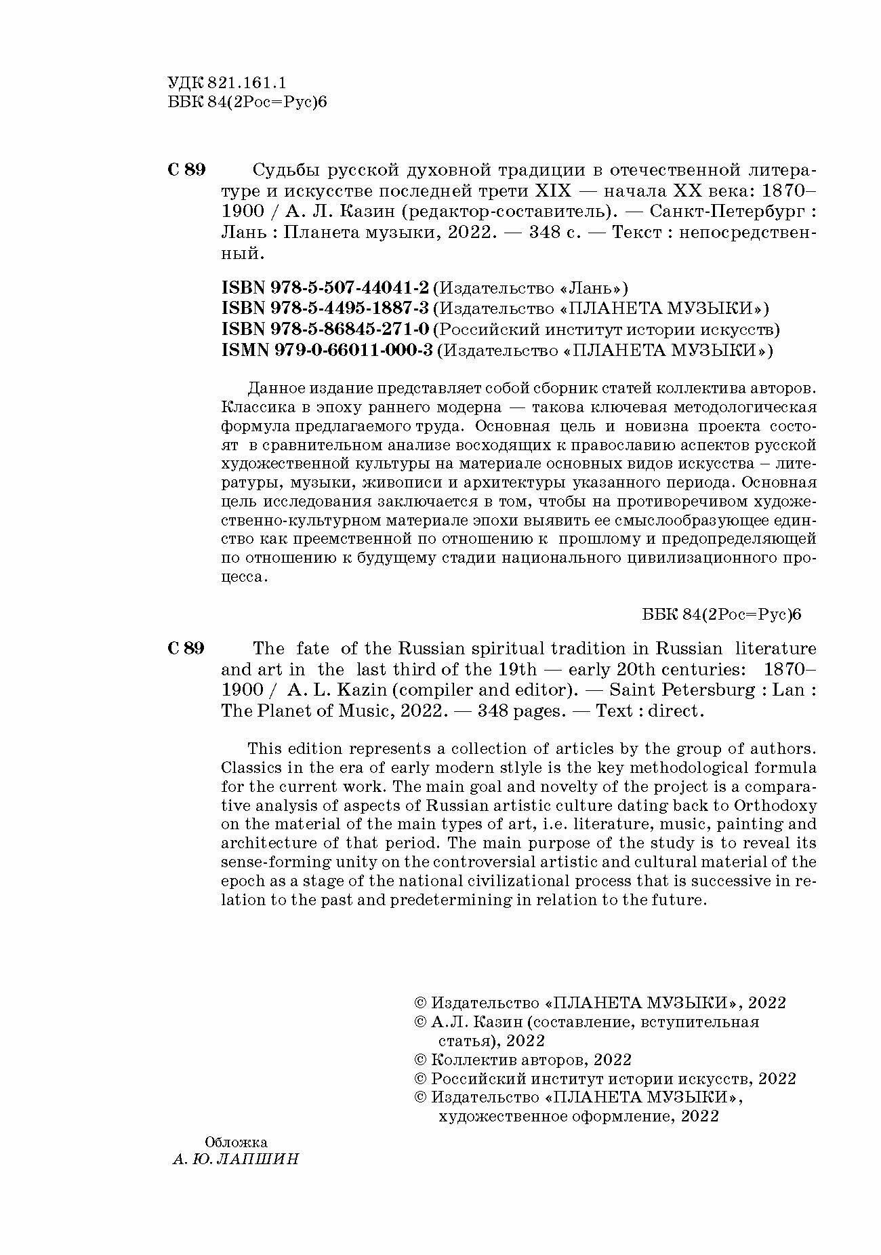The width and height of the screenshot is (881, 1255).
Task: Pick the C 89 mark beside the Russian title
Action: coord(186,170)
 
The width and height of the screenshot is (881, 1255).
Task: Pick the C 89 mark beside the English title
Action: coord(186,648)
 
